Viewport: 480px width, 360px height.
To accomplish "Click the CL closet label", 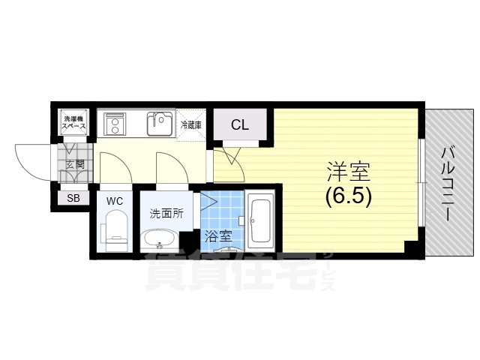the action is [x=240, y=124].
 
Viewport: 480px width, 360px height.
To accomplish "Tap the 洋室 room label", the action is [x=349, y=172].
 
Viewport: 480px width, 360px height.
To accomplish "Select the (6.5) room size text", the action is [x=349, y=196].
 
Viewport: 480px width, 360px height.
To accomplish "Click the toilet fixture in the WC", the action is [x=114, y=230].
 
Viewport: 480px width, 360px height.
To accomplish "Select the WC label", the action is [x=115, y=201].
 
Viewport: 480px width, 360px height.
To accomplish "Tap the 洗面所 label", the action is [x=166, y=213].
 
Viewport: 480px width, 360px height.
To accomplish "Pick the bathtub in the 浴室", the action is [x=260, y=220].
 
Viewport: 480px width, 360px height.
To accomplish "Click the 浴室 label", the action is [x=218, y=236].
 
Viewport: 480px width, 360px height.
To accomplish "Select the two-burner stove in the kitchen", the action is [x=115, y=124].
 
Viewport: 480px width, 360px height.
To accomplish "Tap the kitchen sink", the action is [x=160, y=124].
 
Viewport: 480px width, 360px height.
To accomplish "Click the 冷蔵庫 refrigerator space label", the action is [x=191, y=124].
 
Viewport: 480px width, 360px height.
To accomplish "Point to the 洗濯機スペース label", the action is [x=74, y=121].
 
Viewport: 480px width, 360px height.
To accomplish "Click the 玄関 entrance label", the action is [x=75, y=164].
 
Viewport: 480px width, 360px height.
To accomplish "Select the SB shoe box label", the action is [x=73, y=198].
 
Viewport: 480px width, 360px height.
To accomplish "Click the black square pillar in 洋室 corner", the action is [x=411, y=247].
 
